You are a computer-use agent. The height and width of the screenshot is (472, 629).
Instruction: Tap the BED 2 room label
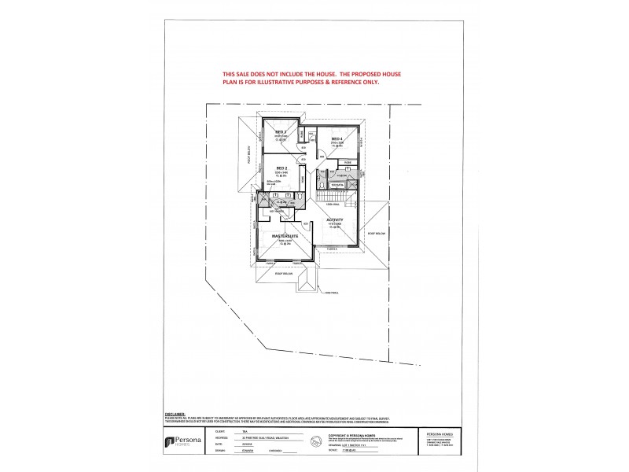280,169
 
